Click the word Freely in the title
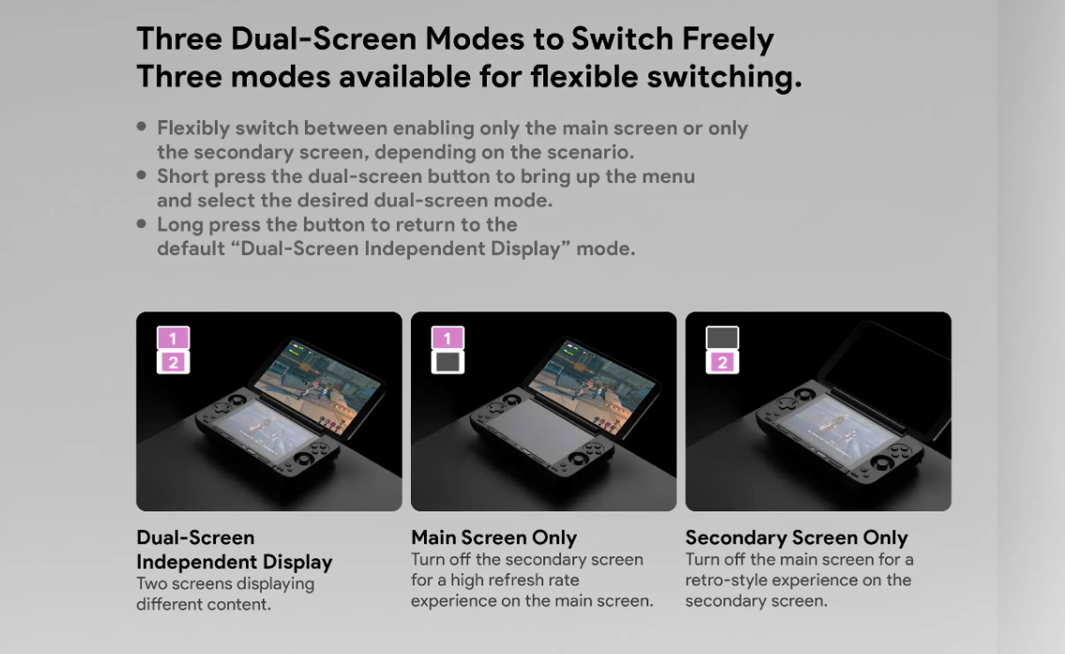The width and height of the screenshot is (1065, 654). (x=727, y=39)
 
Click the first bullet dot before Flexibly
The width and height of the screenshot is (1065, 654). (x=142, y=127)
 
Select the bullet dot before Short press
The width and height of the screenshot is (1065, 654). (x=142, y=175)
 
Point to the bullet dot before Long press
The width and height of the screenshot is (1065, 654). (x=142, y=222)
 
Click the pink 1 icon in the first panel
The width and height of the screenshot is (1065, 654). (x=174, y=338)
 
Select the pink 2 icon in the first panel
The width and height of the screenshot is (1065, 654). (x=174, y=362)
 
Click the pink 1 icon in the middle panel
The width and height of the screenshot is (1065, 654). (x=448, y=338)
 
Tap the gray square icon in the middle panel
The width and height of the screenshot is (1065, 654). (x=448, y=362)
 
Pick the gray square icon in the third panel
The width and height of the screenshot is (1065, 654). (x=722, y=338)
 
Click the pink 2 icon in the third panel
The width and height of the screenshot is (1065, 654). (x=722, y=362)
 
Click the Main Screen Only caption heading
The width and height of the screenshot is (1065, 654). (x=494, y=538)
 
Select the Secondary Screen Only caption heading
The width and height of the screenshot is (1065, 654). (x=796, y=538)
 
